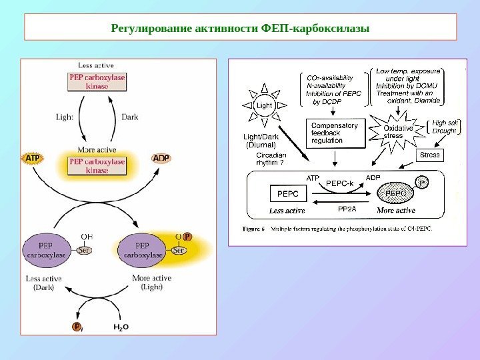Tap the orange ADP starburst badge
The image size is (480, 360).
pyautogui.click(x=161, y=159)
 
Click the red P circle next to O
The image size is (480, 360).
pyautogui.click(x=187, y=236)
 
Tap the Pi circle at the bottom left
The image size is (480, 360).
pyautogui.click(x=77, y=327)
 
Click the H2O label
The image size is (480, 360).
pyautogui.click(x=121, y=327)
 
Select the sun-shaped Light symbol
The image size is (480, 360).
pyautogui.click(x=265, y=105)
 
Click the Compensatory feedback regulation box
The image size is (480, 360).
pyautogui.click(x=335, y=133)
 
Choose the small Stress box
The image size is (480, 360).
pyautogui.click(x=430, y=155)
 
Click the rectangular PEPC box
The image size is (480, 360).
pyautogui.click(x=287, y=193)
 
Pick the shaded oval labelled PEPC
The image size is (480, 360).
pyautogui.click(x=396, y=194)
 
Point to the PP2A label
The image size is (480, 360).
pyautogui.click(x=347, y=209)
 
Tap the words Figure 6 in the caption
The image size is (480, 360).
pyautogui.click(x=253, y=229)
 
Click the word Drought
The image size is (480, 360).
pyautogui.click(x=444, y=131)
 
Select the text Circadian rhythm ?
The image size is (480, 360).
pyautogui.click(x=271, y=159)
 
